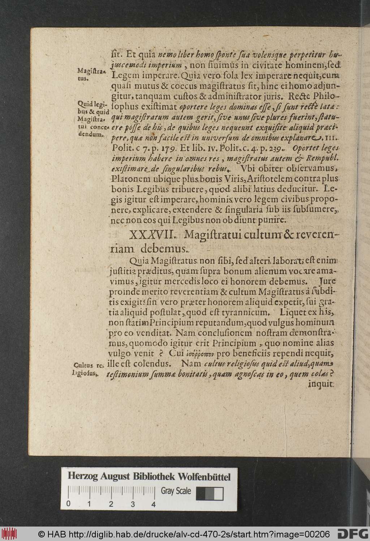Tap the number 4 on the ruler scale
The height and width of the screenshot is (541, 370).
[154, 505]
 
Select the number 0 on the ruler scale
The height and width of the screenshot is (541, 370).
[68, 505]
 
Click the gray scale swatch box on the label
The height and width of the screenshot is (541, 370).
[209, 494]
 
